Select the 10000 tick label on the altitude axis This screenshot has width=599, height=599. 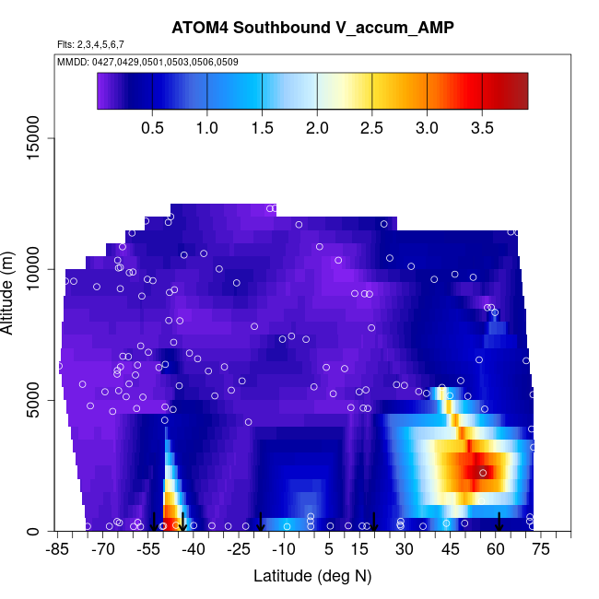34,269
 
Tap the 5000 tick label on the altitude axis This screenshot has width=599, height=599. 34,401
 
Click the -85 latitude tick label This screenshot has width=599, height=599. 58,550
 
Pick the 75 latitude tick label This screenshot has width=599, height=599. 541,550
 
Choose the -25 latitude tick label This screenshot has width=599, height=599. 239,550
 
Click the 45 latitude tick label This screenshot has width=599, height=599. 451,550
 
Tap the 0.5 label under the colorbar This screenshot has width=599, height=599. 153,126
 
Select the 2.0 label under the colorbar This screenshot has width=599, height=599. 317,126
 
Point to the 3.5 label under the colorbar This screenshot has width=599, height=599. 482,126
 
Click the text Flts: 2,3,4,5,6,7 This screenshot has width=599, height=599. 90,44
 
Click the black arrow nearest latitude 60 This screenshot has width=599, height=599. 499,523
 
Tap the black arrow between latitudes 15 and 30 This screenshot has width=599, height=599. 374,523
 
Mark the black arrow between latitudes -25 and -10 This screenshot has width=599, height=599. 261,523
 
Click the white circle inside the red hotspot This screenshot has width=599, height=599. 482,473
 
